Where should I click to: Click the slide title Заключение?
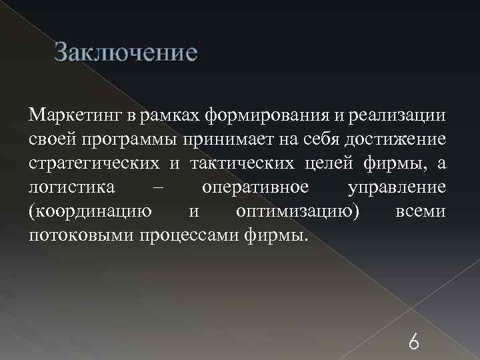coord(126,52)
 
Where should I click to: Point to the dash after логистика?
coord(157,187)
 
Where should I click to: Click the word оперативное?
coord(255,187)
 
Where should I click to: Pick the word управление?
coord(396,187)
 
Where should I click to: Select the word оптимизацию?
coord(297,211)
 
